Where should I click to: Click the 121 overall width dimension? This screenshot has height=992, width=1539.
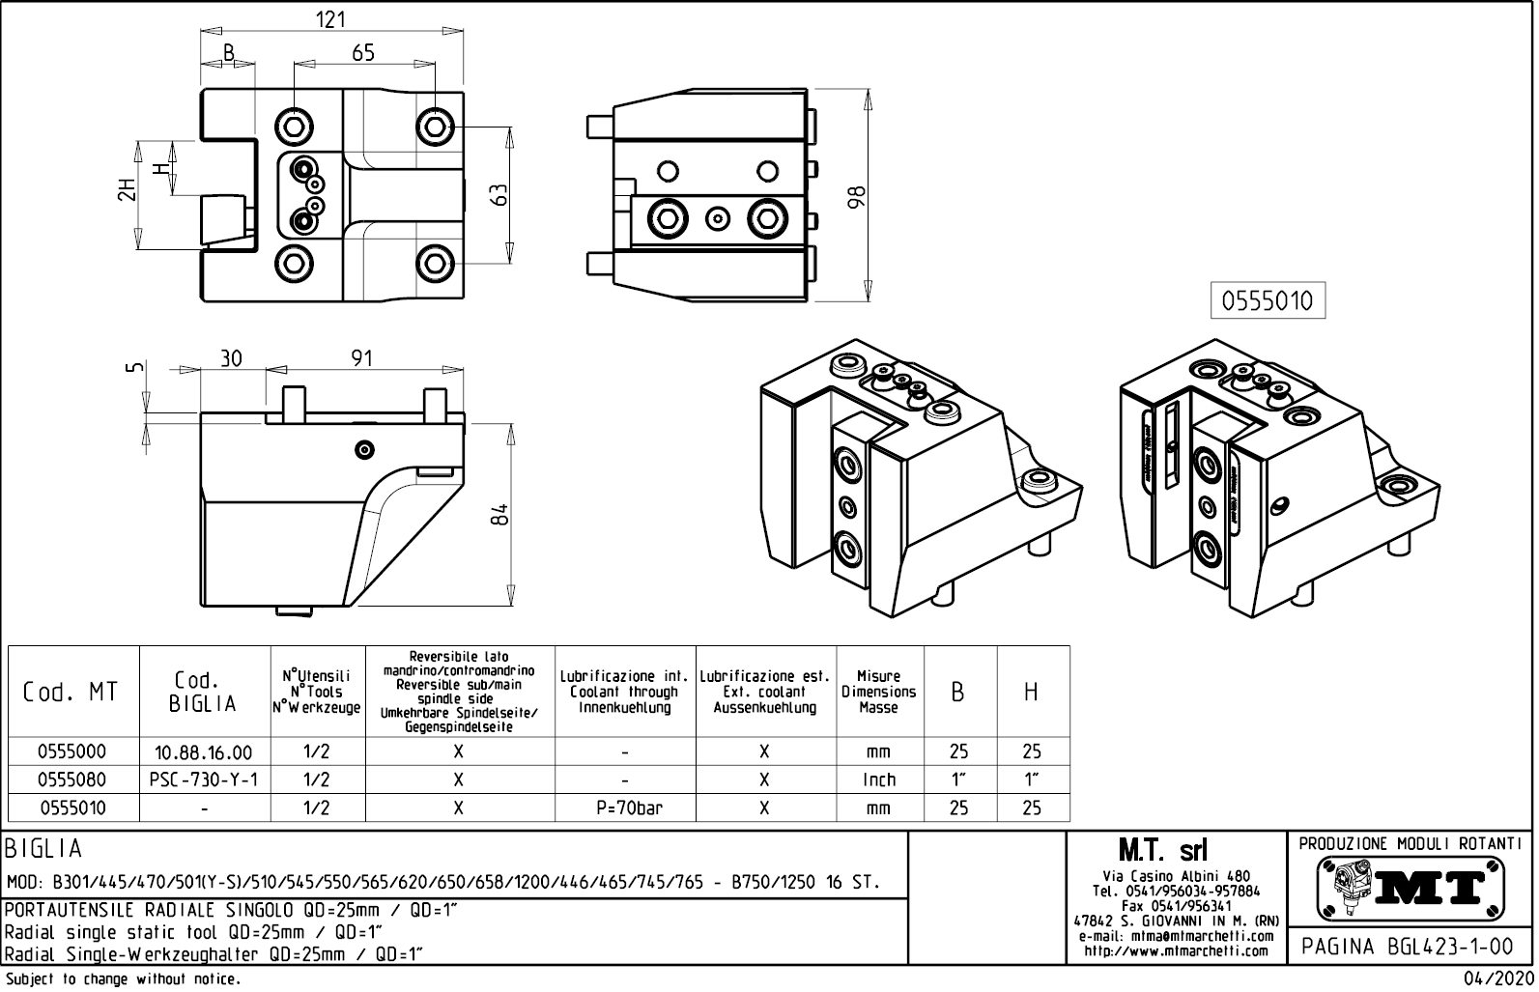330,18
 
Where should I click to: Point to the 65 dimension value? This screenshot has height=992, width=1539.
363,53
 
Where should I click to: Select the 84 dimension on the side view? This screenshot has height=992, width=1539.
499,515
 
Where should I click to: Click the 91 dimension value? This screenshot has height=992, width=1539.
361,358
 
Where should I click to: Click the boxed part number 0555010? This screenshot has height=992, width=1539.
1268,301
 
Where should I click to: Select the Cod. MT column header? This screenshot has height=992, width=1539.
71,692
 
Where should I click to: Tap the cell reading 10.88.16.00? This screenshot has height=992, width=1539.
204,752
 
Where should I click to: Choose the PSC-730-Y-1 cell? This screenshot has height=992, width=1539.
204,779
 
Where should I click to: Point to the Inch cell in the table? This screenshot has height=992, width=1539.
878,779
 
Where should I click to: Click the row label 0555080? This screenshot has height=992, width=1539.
71,779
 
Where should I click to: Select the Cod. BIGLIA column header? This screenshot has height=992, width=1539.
204,692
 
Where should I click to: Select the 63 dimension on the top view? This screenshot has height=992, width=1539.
499,195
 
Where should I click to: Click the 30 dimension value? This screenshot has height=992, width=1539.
230,358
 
